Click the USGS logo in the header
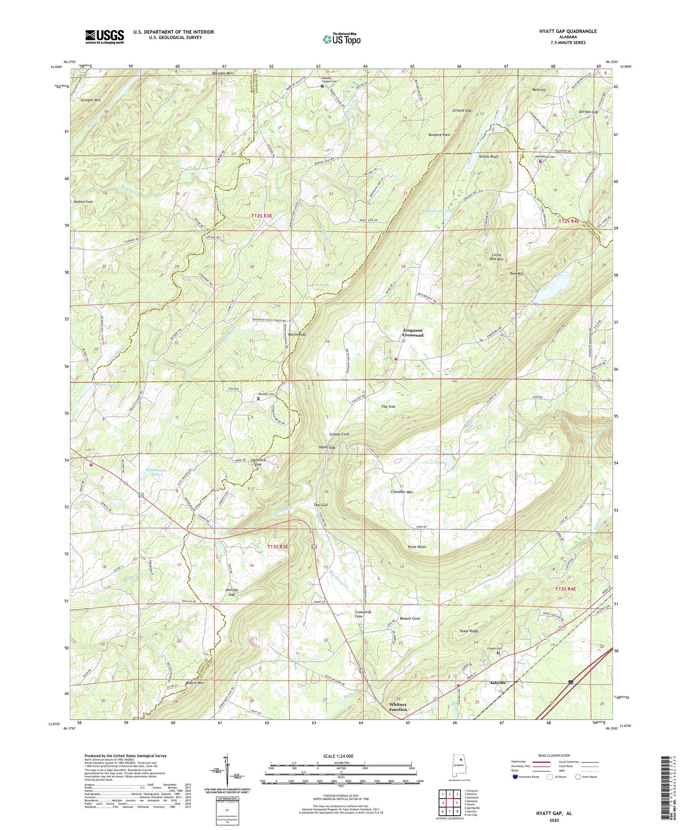105,37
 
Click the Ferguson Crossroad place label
413,333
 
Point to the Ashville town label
498,683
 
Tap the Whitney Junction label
398,707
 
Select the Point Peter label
417,547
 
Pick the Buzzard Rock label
439,135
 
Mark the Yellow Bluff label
488,156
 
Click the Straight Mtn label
91,100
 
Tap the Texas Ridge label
469,631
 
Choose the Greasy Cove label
339,434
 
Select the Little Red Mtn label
496,257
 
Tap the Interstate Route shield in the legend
515,777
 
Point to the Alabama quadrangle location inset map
459,769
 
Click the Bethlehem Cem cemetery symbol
540,161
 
